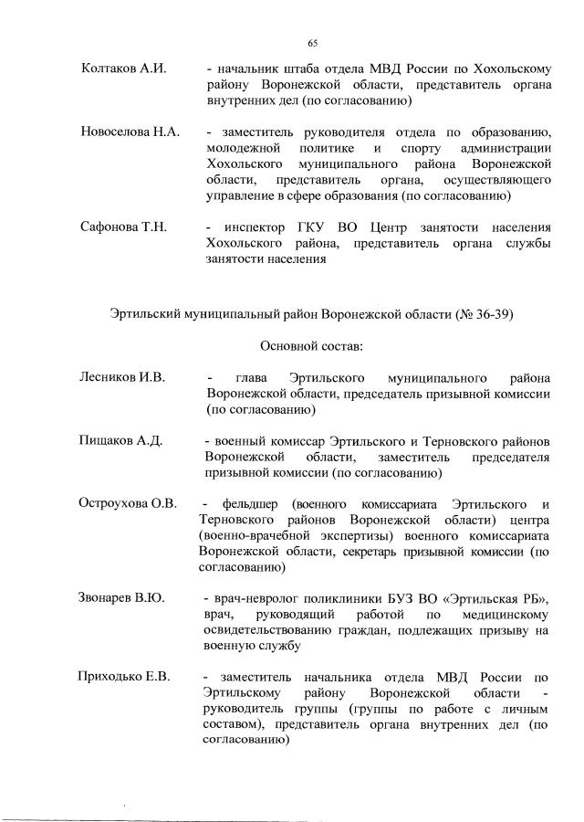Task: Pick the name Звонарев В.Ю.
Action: (x=122, y=598)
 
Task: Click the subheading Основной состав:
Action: (x=311, y=347)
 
